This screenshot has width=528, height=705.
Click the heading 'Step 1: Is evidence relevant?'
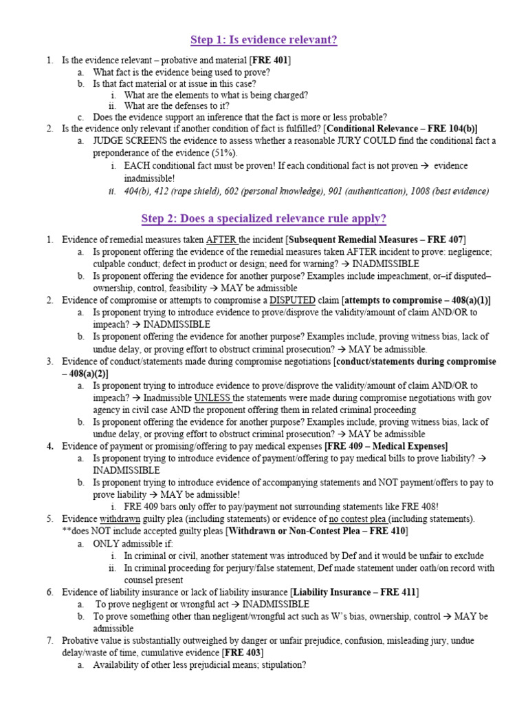264,40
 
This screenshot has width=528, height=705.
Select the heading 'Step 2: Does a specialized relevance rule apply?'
264,219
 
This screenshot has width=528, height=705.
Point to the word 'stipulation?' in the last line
278,665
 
